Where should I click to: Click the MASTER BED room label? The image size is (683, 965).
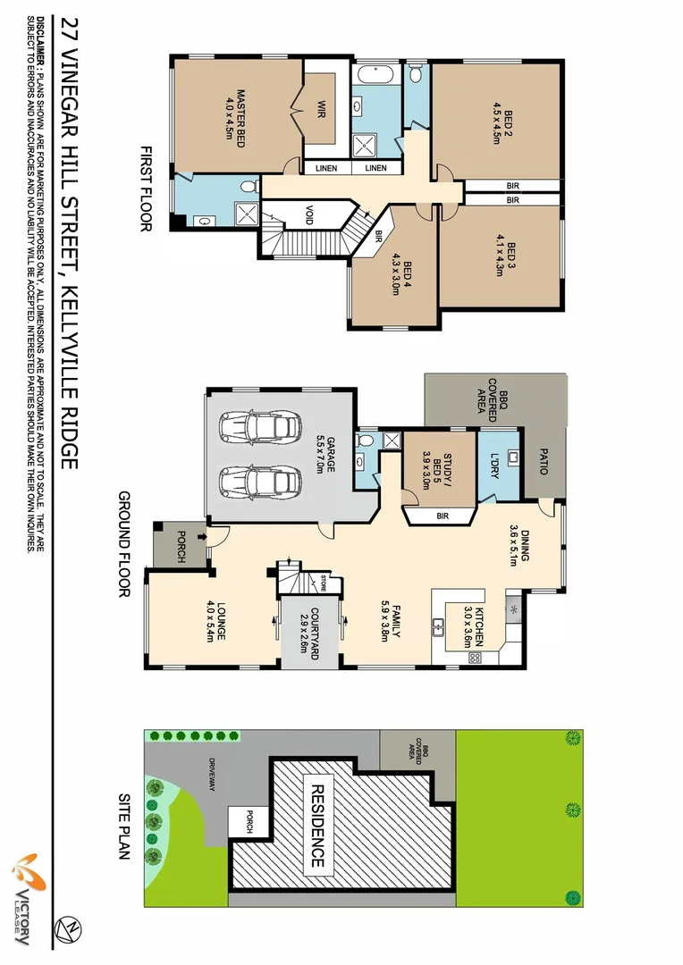click(x=234, y=115)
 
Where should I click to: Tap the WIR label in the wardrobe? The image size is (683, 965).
click(x=319, y=112)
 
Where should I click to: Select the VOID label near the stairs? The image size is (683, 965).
click(x=308, y=214)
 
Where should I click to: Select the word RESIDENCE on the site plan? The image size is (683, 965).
click(x=316, y=827)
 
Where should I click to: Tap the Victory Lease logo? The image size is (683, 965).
click(x=25, y=898)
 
